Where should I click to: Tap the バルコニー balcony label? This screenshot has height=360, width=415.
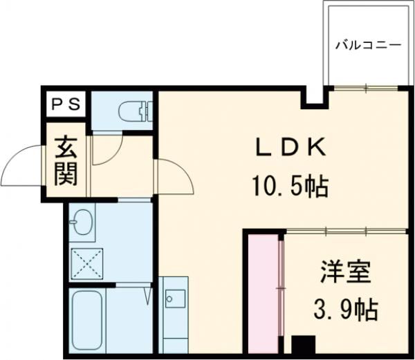point(369,45)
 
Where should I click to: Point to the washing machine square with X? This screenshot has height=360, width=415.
point(86,264)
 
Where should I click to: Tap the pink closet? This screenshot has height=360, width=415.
point(263,294)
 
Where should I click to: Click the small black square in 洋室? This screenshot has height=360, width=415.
point(302,346)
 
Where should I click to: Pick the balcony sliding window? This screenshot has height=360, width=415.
point(367,88)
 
